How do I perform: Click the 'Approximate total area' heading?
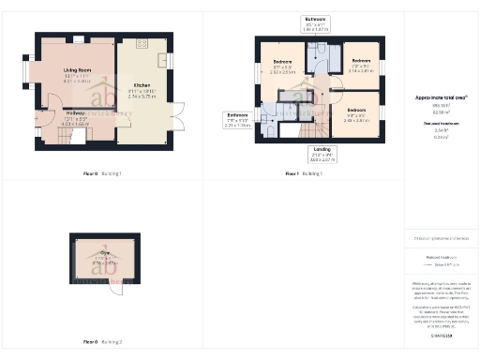[441, 97]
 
